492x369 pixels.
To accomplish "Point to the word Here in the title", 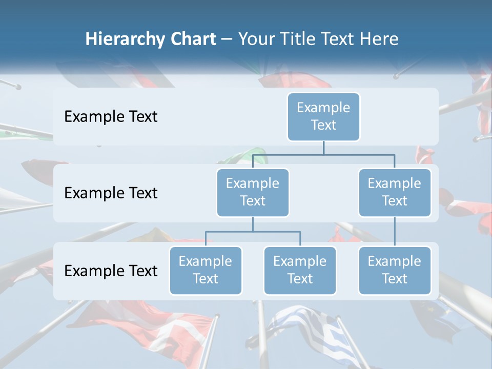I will [379, 39].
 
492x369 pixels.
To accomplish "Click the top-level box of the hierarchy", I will [323, 116].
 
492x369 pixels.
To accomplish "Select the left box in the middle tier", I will [253, 192].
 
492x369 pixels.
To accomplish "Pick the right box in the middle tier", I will [395, 192].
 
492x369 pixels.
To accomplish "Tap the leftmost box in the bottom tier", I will [206, 270].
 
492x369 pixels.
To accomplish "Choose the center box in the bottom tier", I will [300, 270].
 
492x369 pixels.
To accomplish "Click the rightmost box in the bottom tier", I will [395, 270].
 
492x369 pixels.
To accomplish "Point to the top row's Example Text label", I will [111, 116].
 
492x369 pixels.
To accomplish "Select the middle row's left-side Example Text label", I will [111, 193].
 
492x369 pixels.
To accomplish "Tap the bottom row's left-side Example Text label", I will [111, 271].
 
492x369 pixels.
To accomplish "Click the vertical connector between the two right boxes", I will [395, 232].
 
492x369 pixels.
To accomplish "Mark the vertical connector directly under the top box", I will [323, 148].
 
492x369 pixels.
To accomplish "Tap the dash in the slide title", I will [227, 39].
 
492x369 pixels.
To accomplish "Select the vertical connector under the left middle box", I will [253, 224].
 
